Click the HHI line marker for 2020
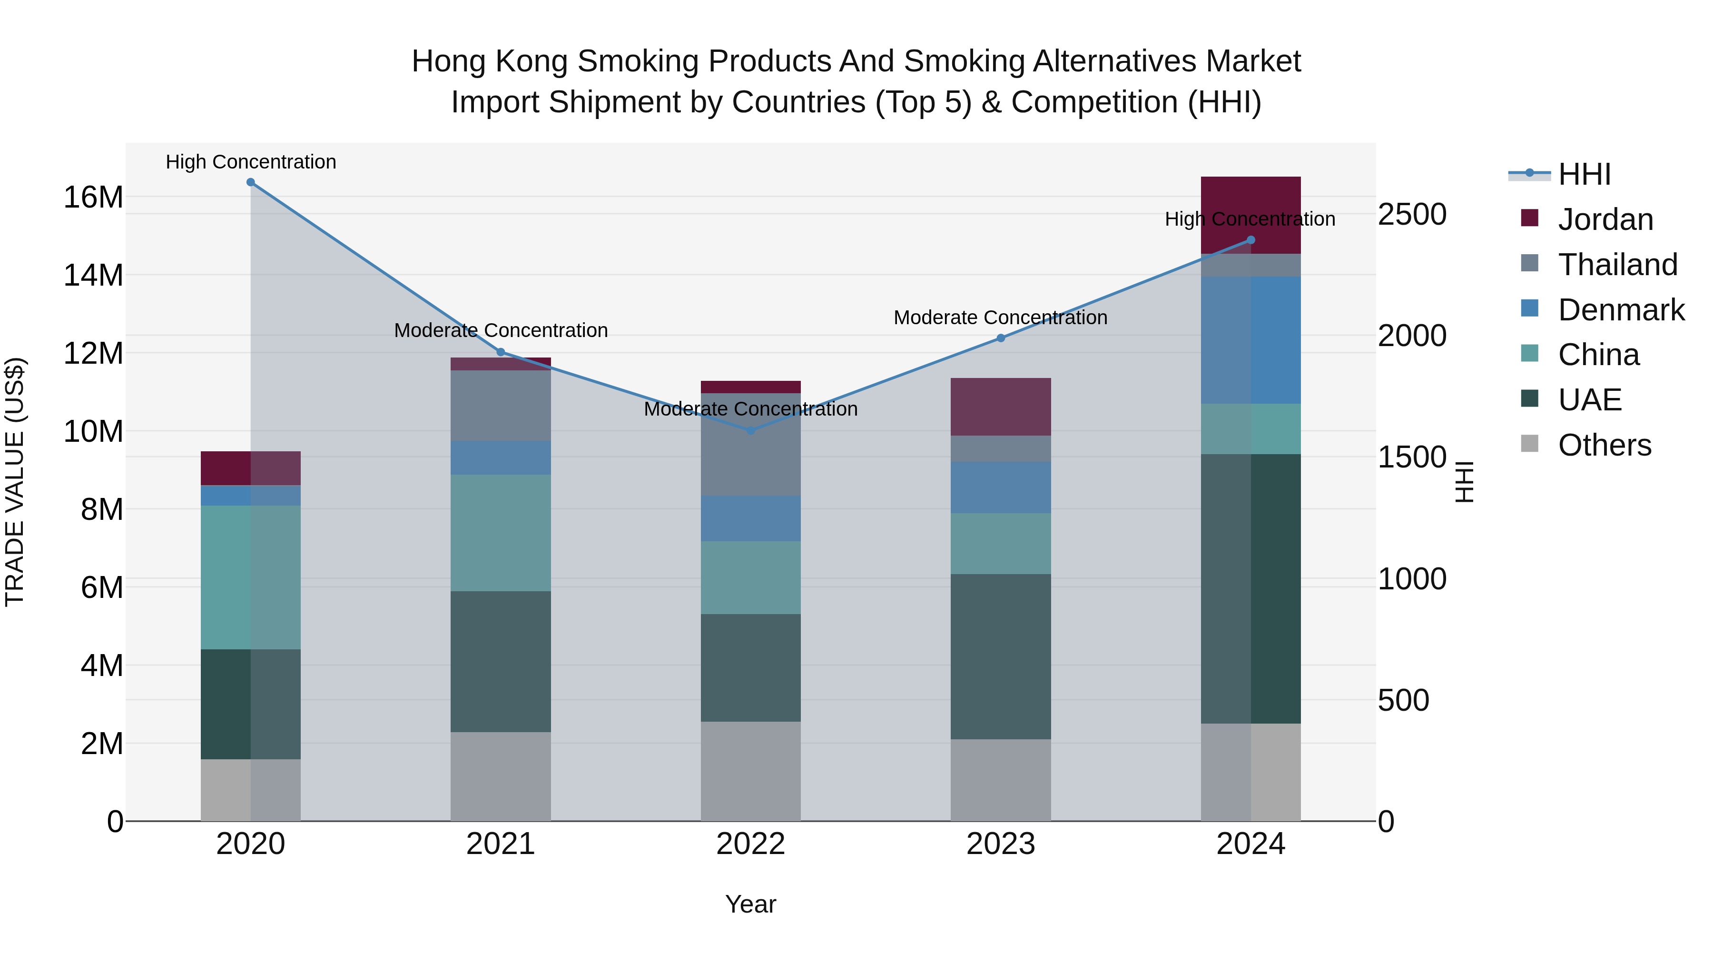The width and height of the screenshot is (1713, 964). point(251,182)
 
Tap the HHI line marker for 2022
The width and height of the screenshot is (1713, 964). point(751,430)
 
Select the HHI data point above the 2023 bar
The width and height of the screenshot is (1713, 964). point(1001,338)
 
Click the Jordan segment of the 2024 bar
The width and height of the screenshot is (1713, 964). point(1250,199)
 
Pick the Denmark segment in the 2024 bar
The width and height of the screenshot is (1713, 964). point(1250,340)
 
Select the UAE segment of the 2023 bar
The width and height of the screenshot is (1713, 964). point(1001,656)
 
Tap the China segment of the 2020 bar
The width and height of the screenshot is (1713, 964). point(251,577)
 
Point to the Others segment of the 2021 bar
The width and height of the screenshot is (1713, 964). point(501,776)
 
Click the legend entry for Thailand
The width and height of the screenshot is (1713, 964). point(1617,265)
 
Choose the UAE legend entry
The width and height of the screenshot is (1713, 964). point(1589,400)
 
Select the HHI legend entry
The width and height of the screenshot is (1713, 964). point(1584,174)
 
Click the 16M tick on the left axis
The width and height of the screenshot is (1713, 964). point(93,198)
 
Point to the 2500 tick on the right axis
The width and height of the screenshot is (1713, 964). point(1412,215)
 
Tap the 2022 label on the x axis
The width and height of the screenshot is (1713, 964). point(751,844)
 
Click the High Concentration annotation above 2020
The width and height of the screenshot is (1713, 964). point(251,162)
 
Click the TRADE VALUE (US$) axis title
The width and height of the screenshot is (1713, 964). point(15,482)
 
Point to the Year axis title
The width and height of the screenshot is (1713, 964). point(751,904)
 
